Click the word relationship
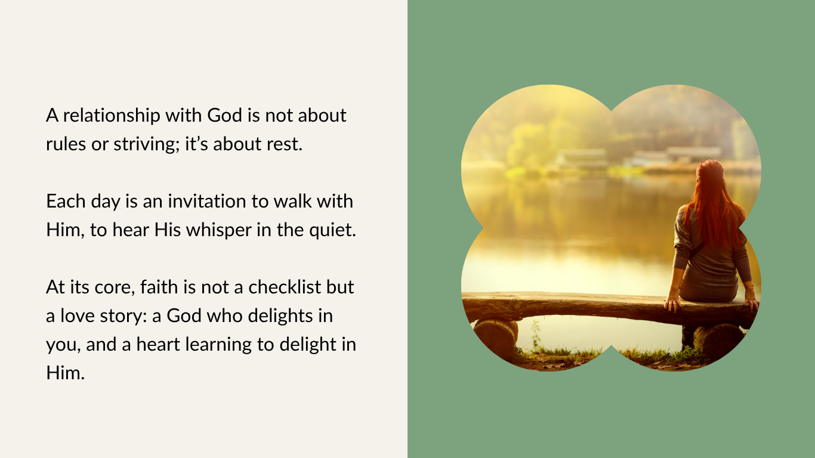tap(112, 116)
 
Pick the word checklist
tap(285, 287)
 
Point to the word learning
tap(218, 345)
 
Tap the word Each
tap(66, 201)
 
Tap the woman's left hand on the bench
tap(672, 304)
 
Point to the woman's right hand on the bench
tap(751, 304)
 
